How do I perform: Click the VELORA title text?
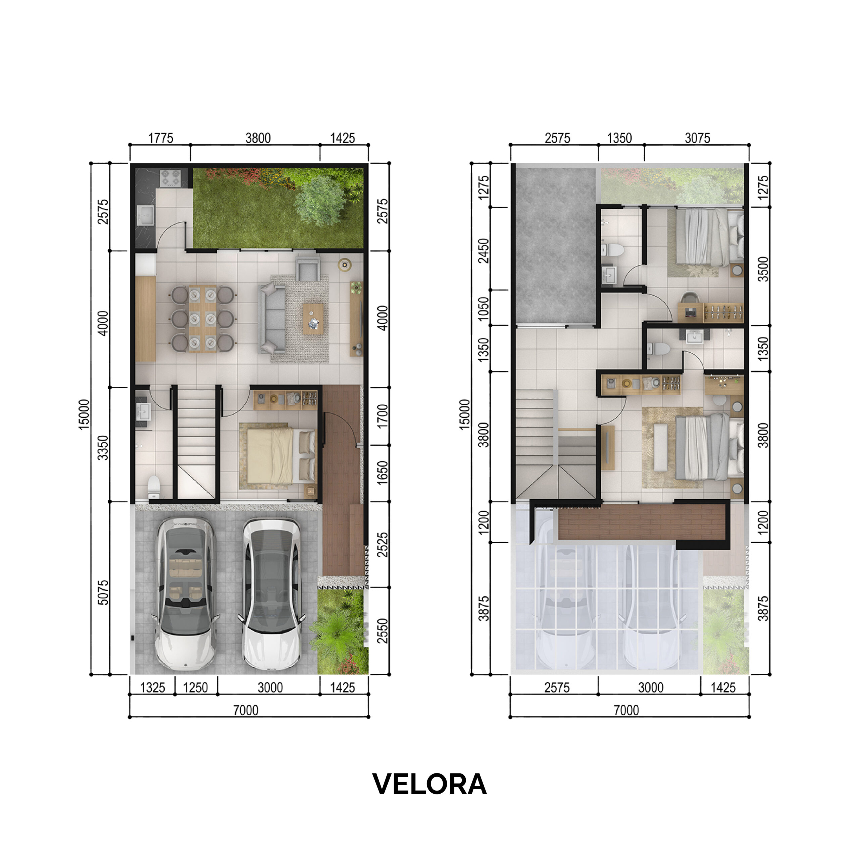[x=429, y=784]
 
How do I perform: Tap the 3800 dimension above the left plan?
[x=258, y=138]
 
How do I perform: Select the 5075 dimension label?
[x=103, y=592]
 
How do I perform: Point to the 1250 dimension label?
[x=195, y=688]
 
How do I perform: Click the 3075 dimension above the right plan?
[x=697, y=138]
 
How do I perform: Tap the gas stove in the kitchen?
[x=171, y=178]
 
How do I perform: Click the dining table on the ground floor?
[x=203, y=318]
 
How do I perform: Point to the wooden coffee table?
[x=313, y=318]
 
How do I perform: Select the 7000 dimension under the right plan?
[x=626, y=710]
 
